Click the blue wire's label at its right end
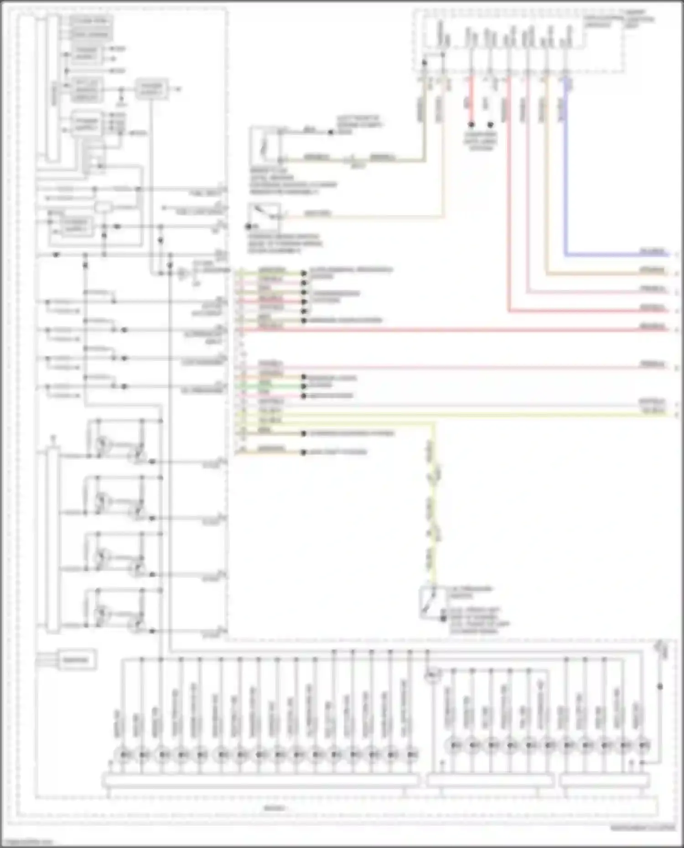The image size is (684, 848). pos(653,252)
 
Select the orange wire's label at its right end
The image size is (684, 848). pos(653,271)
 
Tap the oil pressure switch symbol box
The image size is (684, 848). pos(429,602)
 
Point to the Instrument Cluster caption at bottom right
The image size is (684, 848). pos(643,828)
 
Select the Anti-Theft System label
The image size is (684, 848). pos(338,452)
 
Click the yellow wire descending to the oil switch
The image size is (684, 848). pos(434,501)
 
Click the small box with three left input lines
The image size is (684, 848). pos(76,660)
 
